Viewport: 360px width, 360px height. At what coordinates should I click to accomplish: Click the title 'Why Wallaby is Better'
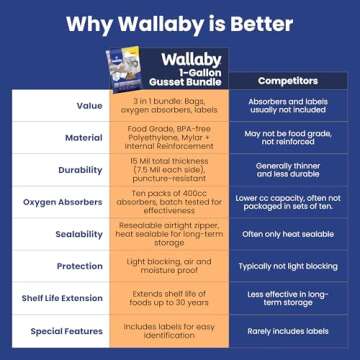180,22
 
